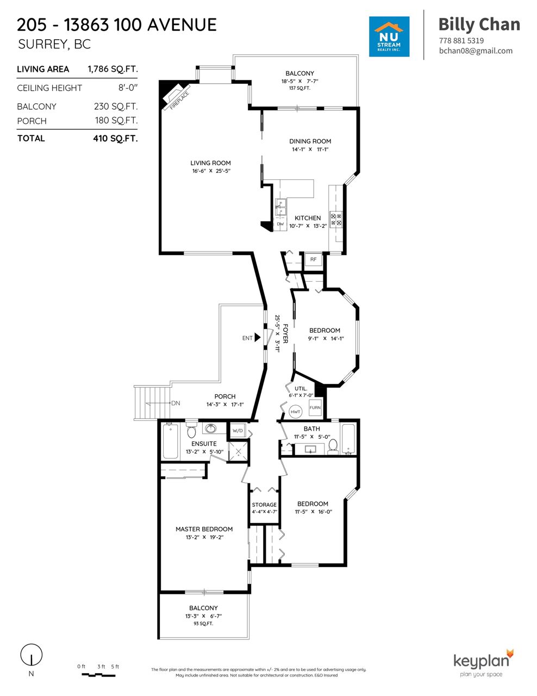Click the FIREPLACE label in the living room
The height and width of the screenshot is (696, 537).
pyautogui.click(x=179, y=101)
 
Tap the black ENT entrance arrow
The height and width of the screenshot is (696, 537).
pyautogui.click(x=257, y=338)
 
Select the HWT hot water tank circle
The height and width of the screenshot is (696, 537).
pyautogui.click(x=295, y=412)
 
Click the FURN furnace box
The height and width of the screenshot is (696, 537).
pyautogui.click(x=315, y=407)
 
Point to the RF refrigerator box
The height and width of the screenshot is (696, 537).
pyautogui.click(x=313, y=259)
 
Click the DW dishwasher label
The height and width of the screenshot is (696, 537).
pyautogui.click(x=280, y=224)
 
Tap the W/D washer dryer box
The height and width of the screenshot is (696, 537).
pyautogui.click(x=238, y=431)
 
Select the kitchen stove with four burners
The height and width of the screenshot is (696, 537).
pyautogui.click(x=336, y=219)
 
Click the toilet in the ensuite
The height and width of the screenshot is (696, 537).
pyautogui.click(x=191, y=430)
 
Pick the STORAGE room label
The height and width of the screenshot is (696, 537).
pyautogui.click(x=264, y=505)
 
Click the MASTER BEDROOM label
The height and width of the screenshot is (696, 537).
pyautogui.click(x=204, y=529)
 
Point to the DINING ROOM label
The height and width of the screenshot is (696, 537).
pyautogui.click(x=310, y=141)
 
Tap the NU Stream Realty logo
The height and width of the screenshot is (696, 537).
pyautogui.click(x=389, y=36)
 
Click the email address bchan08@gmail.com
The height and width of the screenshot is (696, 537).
pyautogui.click(x=476, y=51)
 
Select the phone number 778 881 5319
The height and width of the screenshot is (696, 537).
pyautogui.click(x=461, y=41)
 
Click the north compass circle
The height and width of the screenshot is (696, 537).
pyautogui.click(x=32, y=654)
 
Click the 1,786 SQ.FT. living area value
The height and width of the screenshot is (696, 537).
pyautogui.click(x=113, y=69)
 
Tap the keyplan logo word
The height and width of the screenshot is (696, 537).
pyautogui.click(x=481, y=661)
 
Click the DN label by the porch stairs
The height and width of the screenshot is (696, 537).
pyautogui.click(x=176, y=403)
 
